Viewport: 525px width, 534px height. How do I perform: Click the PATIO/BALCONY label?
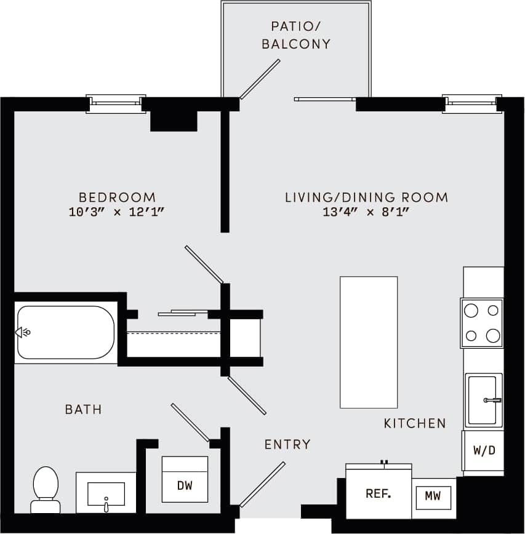coord(296,35)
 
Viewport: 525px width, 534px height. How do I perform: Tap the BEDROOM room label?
coord(117,197)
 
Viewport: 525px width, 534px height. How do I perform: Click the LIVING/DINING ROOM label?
coord(366,197)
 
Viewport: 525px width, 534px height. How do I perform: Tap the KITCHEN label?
coord(415,423)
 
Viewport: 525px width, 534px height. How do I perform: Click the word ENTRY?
coord(287,444)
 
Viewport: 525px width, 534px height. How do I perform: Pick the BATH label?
coord(83,409)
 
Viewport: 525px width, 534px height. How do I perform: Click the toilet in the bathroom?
coord(46,489)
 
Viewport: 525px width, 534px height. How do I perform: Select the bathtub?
coord(66,332)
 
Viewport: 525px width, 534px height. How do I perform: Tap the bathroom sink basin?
coord(106,493)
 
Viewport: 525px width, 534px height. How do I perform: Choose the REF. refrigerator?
coord(379,493)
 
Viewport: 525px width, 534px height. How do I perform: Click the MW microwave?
coord(433,496)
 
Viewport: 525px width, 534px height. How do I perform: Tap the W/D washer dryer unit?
coord(484,450)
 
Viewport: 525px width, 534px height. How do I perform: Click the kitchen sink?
coord(484,400)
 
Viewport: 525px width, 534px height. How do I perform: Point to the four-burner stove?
coord(482,323)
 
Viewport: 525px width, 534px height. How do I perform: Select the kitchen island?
coord(369,342)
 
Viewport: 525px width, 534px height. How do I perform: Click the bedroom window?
coord(116,104)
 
